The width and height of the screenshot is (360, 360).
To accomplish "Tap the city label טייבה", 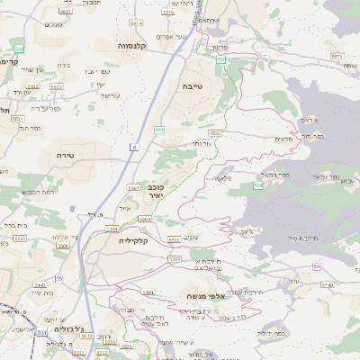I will pos(194,78).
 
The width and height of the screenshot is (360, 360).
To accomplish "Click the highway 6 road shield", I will pos(134,147).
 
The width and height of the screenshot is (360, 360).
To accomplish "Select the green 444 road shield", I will pos(159,130).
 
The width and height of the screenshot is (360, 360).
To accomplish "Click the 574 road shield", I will pos(258,184).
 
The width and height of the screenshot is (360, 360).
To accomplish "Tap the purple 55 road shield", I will pos(59,279).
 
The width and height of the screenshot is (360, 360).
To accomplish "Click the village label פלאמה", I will pos(238,179).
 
